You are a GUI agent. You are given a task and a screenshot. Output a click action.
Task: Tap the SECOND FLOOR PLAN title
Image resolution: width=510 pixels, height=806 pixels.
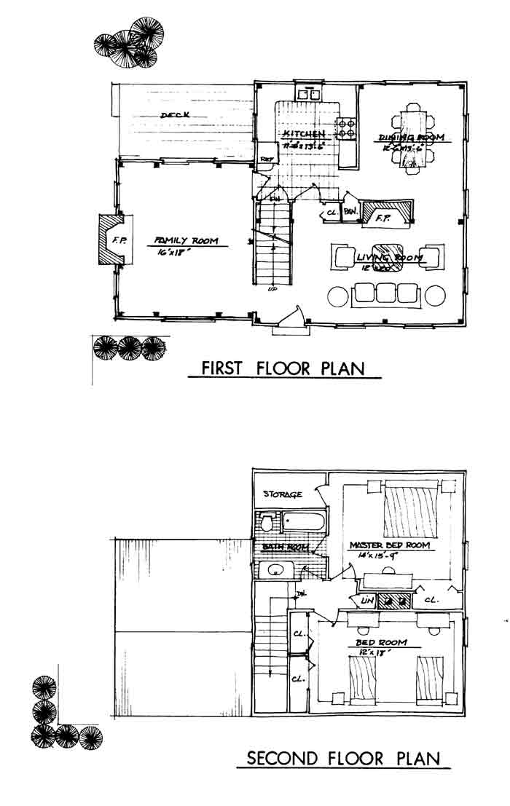pos(343,758)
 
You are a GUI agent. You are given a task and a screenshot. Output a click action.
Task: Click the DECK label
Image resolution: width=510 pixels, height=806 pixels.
pos(175,116)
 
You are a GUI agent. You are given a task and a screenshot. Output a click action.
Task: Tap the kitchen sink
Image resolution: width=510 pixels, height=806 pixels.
pos(309,94)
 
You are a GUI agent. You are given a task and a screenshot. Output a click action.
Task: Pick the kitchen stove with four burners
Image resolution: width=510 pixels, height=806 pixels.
pos(346,130)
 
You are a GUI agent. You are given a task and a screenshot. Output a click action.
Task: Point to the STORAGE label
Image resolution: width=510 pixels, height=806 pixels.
pos(283,494)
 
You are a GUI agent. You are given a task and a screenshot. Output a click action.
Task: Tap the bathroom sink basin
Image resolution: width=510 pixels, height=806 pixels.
pos(275,570)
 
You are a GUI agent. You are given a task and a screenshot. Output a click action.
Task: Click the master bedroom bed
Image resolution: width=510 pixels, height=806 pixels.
pos(411,509)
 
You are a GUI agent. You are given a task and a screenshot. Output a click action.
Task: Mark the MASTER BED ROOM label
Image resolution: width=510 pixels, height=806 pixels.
pos(389,545)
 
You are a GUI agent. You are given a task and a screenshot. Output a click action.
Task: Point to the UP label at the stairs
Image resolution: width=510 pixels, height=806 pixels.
pos(272,290)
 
